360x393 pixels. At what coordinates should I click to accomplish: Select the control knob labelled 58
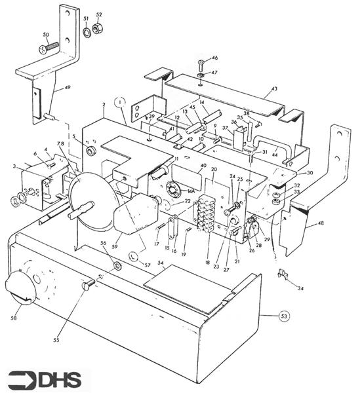[x=18, y=288]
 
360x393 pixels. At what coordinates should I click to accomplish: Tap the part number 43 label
[x=274, y=88]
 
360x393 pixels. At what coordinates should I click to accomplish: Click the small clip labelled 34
[x=282, y=274]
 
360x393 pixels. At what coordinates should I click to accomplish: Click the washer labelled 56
[x=117, y=266]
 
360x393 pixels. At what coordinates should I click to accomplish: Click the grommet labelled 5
[x=91, y=151]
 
